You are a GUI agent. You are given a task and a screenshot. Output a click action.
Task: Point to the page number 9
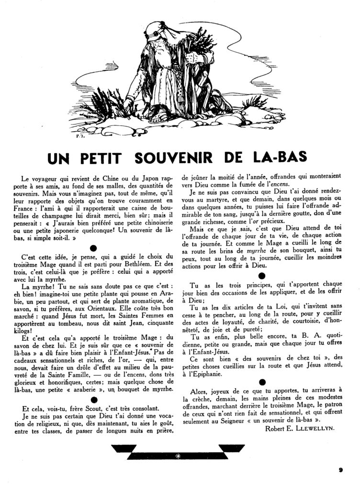coord(340,469)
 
